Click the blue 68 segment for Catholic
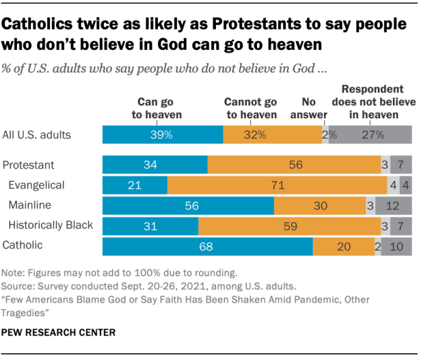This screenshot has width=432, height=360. [x=207, y=247]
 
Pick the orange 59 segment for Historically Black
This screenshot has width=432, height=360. [x=289, y=226]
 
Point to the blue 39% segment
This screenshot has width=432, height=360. [x=162, y=134]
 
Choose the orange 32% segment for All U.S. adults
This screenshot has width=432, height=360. [x=273, y=134]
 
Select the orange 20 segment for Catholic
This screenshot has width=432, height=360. [x=344, y=247]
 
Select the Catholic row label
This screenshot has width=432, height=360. [x=24, y=245]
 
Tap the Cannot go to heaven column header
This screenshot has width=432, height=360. [x=250, y=109]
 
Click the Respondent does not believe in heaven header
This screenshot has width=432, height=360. [x=373, y=102]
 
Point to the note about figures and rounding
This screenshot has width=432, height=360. [x=119, y=274]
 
